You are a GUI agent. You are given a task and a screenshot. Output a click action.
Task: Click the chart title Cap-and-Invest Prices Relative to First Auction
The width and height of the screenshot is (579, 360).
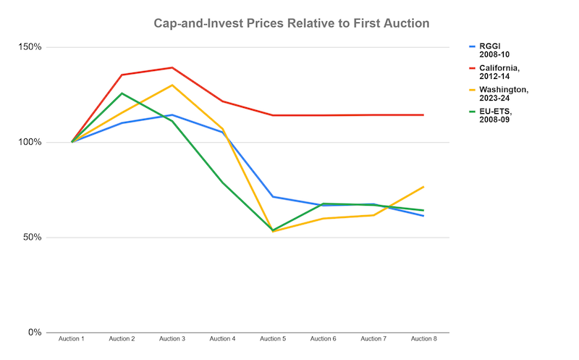(292, 23)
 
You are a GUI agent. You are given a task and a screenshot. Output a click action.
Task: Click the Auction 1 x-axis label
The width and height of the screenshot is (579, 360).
(72, 339)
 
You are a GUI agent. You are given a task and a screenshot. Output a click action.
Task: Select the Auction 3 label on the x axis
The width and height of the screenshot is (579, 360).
(172, 339)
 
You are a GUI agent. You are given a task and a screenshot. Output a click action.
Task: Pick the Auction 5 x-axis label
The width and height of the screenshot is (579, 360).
(273, 339)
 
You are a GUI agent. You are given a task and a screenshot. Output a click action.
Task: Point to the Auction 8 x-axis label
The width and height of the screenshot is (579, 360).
(423, 339)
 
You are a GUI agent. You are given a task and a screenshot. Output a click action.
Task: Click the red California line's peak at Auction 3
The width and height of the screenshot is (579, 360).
(172, 67)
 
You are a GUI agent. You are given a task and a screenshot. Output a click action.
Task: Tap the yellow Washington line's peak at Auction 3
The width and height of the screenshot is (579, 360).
(172, 85)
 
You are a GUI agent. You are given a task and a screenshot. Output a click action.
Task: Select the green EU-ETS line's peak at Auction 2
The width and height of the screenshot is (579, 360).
(122, 93)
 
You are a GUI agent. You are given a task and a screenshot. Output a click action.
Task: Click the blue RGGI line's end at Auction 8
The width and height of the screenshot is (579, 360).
(423, 216)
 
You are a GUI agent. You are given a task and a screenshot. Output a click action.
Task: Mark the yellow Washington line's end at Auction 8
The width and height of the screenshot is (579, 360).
(423, 187)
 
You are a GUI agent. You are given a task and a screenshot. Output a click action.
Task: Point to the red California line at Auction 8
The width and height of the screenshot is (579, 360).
(423, 114)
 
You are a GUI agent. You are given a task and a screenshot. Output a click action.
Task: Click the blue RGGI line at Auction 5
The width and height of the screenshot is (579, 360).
(273, 197)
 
